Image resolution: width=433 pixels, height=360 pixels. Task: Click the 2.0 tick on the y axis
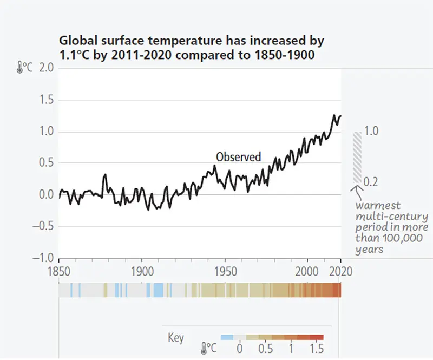47,68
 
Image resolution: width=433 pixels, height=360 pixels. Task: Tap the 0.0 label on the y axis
47,195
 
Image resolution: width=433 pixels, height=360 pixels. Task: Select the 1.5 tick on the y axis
47,100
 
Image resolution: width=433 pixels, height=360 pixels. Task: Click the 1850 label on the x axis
58,270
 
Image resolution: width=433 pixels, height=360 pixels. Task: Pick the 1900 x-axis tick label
141,270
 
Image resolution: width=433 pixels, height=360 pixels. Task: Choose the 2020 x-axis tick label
340,270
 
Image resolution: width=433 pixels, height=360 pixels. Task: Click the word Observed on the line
238,157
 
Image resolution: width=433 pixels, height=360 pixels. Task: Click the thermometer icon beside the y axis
19,68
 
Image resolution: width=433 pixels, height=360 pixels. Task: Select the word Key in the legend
176,338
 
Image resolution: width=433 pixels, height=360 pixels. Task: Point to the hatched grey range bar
357,157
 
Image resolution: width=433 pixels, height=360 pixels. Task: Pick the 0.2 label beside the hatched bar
371,182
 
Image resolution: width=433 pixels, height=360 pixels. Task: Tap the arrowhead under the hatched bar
356,189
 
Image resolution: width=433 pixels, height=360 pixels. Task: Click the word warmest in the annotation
378,206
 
